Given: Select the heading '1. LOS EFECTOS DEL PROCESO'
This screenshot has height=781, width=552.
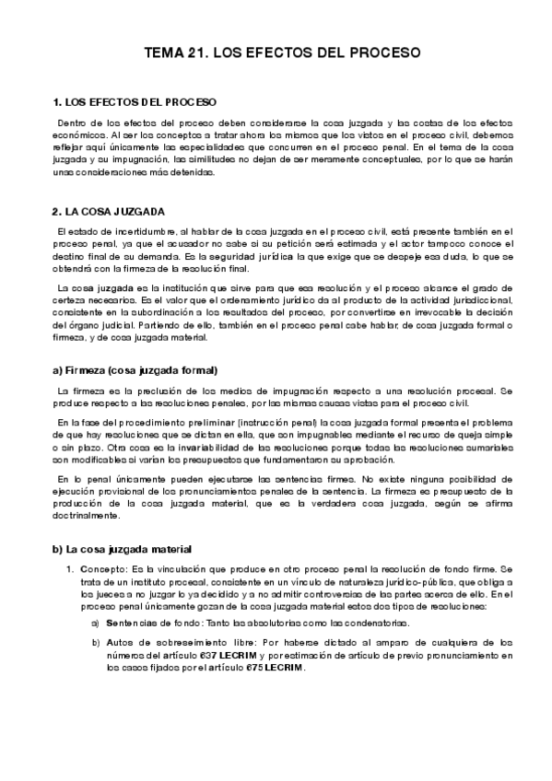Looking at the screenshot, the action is (136, 101).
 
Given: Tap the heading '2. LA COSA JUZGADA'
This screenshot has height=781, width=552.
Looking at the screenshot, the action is (111, 210).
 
